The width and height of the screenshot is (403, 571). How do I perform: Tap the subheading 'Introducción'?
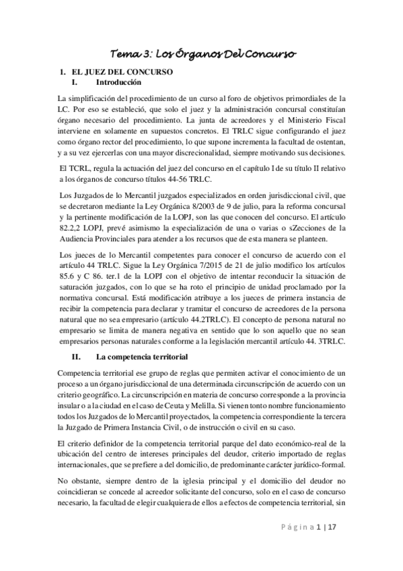click(x=119, y=82)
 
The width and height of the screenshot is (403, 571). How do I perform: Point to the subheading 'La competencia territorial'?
click(x=141, y=356)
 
